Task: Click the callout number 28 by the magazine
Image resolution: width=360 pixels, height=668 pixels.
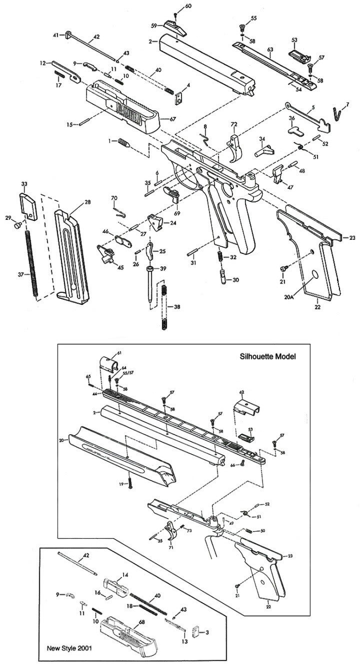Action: point(87,202)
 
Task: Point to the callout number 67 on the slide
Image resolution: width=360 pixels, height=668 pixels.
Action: point(172,119)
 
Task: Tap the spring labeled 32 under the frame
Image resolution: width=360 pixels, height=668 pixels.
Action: point(220,256)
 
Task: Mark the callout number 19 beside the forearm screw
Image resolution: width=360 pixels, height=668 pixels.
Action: point(120,484)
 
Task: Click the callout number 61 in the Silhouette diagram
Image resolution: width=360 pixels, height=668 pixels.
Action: point(118,353)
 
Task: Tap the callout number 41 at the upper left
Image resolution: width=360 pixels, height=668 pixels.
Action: point(56,34)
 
